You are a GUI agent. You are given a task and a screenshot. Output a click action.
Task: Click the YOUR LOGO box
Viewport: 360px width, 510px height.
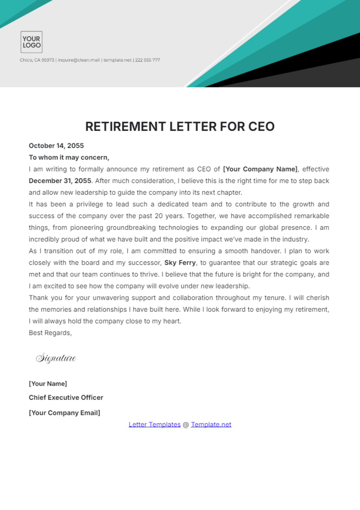pos(31,42)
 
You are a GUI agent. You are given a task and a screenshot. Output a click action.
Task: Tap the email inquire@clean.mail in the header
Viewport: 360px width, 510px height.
pos(79,60)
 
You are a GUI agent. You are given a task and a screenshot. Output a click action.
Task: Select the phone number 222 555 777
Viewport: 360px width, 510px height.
pos(147,60)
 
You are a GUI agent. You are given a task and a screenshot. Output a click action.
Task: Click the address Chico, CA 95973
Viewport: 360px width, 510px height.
pos(37,60)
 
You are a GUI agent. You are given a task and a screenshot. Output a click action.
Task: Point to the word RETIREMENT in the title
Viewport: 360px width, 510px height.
pos(126,127)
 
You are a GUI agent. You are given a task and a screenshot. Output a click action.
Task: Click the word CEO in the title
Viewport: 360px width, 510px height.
pos(261,127)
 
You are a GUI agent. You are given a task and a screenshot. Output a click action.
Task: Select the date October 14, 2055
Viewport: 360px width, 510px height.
pos(56,146)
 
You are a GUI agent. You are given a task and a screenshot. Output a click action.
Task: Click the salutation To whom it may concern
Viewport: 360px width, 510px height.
pos(69,157)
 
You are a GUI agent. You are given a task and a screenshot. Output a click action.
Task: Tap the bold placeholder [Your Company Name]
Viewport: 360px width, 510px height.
pos(260,169)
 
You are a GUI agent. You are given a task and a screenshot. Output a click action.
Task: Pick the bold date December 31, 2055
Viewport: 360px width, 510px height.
pos(60,181)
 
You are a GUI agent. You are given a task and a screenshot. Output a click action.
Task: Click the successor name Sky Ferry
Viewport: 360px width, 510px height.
pos(180,263)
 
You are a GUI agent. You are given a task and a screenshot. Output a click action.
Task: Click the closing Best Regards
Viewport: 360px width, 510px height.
pos(50,333)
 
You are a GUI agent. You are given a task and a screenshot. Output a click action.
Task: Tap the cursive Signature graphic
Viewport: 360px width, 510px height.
pos(56,358)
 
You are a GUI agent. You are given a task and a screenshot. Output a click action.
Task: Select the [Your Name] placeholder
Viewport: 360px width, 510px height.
pos(48,384)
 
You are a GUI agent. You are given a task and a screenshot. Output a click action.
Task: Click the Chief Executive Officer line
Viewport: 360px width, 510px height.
pos(66,398)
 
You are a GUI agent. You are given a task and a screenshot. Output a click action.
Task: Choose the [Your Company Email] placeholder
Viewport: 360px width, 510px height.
pos(64,413)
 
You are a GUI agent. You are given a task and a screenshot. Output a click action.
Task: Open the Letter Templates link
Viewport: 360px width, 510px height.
pos(154,425)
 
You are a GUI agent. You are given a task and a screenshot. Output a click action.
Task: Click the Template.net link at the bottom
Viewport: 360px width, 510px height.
pos(211,425)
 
